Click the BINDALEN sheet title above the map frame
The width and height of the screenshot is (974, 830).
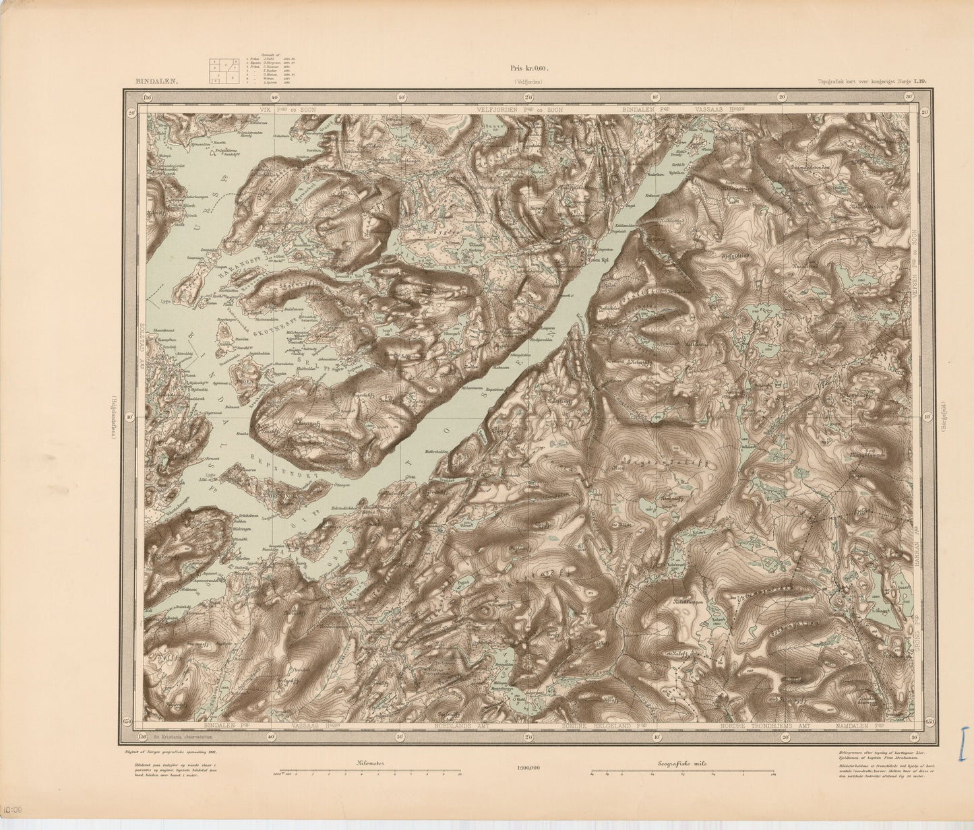156,81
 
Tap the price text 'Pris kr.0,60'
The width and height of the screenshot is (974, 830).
530,68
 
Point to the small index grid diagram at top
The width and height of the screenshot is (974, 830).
223,71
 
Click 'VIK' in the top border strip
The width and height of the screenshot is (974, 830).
261,108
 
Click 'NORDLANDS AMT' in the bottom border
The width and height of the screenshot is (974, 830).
459,728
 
